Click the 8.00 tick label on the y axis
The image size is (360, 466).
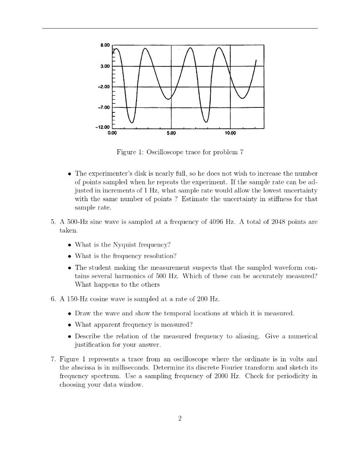[104, 45]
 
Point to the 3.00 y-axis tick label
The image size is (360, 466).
[104, 66]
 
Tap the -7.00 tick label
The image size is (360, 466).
[103, 107]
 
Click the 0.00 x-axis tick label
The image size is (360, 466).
[112, 133]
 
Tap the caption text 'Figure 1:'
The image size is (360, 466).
[130, 152]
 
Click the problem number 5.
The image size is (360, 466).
[53, 222]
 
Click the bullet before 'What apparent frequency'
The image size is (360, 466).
[69, 324]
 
